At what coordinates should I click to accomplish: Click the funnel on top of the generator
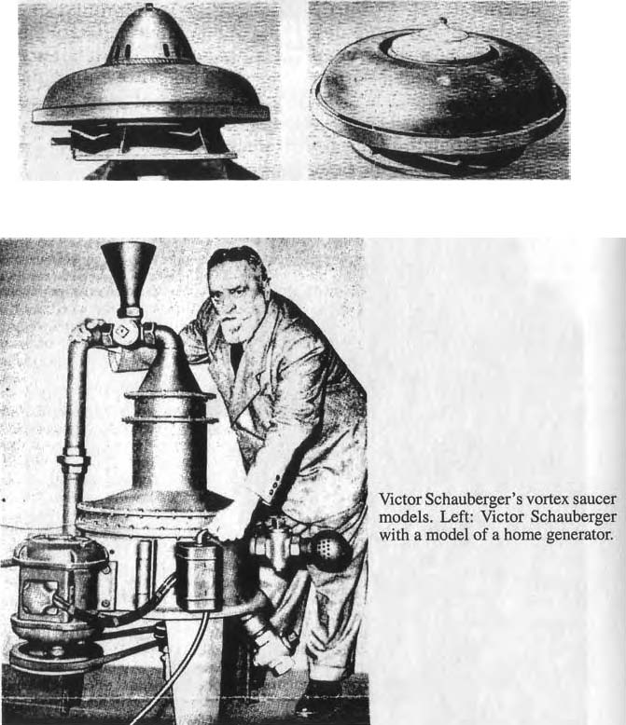pyautogui.click(x=128, y=276)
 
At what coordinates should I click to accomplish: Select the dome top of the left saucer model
pyautogui.click(x=149, y=38)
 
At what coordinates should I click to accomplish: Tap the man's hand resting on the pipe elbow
pyautogui.click(x=87, y=329)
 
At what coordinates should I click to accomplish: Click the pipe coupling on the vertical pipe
pyautogui.click(x=74, y=465)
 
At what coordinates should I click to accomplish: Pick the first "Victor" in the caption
pyautogui.click(x=399, y=499)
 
